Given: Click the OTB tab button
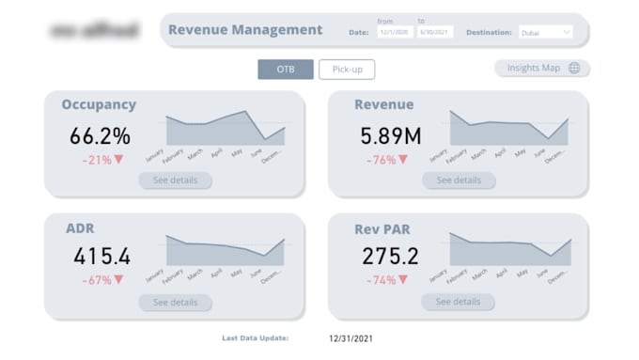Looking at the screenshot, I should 286,69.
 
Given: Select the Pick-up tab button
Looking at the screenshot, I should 347,69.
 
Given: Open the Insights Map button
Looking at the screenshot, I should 542,68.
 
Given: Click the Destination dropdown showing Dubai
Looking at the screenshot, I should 544,32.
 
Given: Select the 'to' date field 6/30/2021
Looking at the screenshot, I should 434,32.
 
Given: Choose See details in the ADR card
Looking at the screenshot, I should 175,302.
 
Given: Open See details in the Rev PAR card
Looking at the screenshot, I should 458,302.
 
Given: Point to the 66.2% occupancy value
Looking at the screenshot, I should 100,135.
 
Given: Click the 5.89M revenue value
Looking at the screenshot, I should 391,135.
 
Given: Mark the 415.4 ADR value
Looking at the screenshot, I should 100,256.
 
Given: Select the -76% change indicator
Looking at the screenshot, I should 388,160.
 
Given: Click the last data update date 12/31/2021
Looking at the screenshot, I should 351,337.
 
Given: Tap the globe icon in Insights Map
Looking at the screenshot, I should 573,68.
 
